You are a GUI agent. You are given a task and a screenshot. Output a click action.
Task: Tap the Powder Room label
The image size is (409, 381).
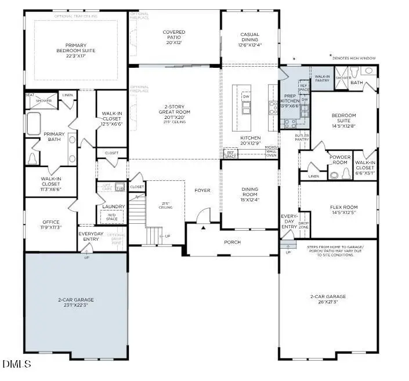coord(339,159)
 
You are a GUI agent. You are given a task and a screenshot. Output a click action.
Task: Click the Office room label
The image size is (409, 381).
coord(50,222)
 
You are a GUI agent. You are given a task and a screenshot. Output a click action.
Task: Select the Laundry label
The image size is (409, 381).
coord(113,206)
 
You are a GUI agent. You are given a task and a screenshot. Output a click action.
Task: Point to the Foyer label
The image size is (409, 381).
coord(202,190)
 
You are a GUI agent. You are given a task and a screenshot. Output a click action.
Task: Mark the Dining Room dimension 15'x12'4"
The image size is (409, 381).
coord(249,200)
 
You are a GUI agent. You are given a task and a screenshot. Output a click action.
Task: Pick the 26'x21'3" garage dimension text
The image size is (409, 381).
coord(328,302)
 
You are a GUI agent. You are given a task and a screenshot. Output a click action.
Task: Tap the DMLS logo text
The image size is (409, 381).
coord(17,364)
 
